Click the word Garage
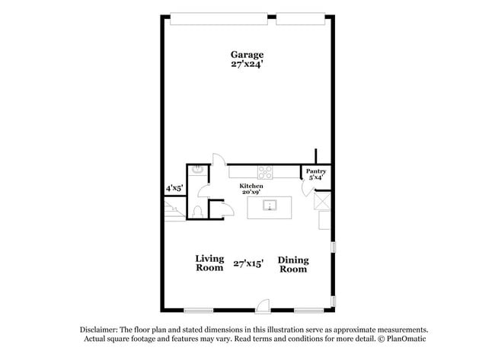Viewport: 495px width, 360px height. point(247,55)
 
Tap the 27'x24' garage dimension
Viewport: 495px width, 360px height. point(247,64)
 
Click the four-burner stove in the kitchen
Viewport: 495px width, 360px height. point(265,172)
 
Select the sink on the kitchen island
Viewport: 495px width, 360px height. point(270,205)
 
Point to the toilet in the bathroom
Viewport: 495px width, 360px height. point(198,212)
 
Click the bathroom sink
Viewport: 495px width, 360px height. point(198,170)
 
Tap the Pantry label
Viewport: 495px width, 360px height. point(316,171)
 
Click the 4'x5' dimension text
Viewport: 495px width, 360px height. point(174,189)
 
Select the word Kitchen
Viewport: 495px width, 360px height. point(251,186)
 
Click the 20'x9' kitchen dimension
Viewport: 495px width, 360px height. point(251,192)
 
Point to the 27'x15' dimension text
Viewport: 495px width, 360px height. point(248,263)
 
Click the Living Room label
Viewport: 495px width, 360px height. point(209,263)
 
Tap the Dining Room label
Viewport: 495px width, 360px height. point(293,265)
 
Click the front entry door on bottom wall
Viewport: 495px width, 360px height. point(263,307)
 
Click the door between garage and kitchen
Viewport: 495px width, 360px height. point(219,160)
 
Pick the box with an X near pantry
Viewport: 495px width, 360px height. point(322,202)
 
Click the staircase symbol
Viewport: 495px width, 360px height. point(174,211)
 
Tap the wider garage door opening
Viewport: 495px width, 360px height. point(219,18)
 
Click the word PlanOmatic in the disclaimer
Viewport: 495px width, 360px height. point(407,339)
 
